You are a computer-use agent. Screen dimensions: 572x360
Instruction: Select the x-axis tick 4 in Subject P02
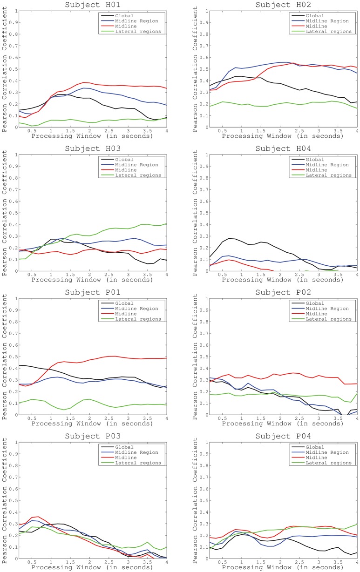point(357,419)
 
